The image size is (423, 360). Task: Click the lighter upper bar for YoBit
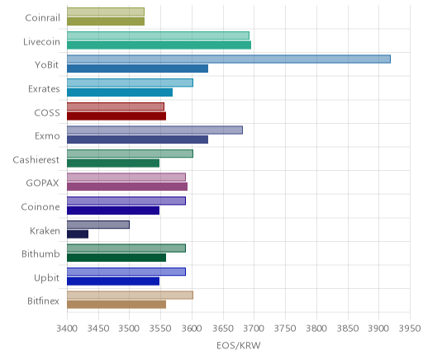click(229, 59)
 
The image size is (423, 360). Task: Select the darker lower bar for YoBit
click(137, 69)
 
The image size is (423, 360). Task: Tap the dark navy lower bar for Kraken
click(78, 234)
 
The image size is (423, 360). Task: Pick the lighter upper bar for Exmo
click(154, 130)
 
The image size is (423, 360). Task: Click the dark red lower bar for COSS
click(116, 116)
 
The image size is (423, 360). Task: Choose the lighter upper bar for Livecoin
click(158, 36)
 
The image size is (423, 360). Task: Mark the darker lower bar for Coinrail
click(106, 21)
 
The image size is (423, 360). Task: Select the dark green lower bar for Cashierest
click(113, 163)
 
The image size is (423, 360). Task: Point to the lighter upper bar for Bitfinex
click(130, 296)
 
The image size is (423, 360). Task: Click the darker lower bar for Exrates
click(120, 92)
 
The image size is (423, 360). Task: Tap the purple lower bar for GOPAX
click(127, 187)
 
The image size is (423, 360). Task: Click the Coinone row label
click(40, 206)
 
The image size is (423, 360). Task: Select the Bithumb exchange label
click(40, 253)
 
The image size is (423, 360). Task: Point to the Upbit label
click(46, 277)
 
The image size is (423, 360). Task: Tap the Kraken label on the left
click(45, 230)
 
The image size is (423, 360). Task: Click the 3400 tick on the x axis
click(67, 329)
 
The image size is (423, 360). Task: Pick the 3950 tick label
click(411, 329)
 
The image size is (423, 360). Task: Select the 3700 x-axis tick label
click(254, 329)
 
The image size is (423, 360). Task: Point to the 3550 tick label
click(160, 329)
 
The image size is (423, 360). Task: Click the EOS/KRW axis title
click(239, 345)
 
